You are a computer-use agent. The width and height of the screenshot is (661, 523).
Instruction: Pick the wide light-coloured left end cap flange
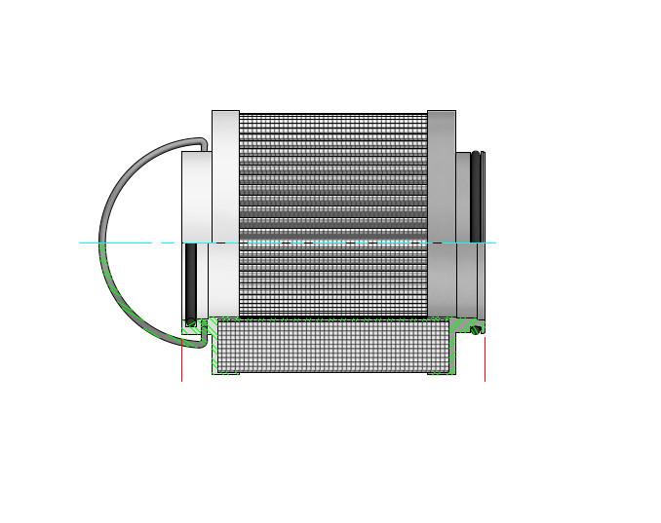click(225, 175)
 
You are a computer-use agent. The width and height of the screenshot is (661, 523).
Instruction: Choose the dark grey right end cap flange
click(442, 175)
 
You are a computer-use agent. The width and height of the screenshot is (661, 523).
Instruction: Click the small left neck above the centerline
click(196, 195)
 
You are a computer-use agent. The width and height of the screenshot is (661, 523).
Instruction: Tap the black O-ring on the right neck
click(477, 195)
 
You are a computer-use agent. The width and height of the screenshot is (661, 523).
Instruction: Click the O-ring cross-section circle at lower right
click(477, 329)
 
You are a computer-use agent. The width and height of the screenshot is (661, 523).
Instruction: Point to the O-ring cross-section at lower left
click(191, 322)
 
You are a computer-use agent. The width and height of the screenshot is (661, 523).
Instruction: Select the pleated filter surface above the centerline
click(332, 175)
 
